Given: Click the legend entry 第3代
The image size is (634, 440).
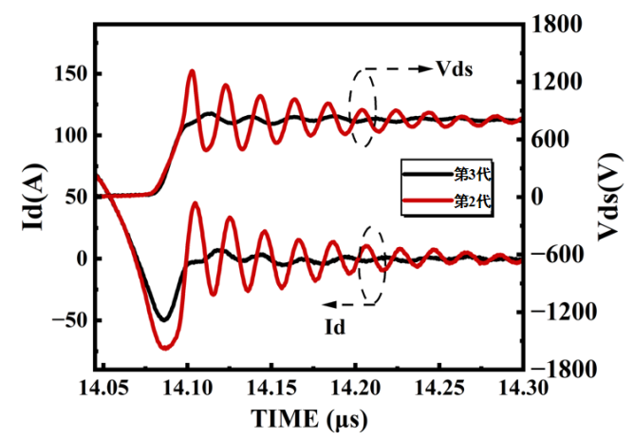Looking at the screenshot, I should pyautogui.click(x=471, y=175).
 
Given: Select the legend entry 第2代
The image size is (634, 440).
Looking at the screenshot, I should pyautogui.click(x=471, y=202).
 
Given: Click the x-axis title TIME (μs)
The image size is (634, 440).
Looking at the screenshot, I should pyautogui.click(x=308, y=418).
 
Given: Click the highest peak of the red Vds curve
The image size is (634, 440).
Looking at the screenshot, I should pyautogui.click(x=192, y=71).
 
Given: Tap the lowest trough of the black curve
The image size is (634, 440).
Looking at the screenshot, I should pyautogui.click(x=164, y=319).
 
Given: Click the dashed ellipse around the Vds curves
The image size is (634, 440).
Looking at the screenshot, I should pyautogui.click(x=362, y=106).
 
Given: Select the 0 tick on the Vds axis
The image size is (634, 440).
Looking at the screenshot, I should pyautogui.click(x=541, y=197).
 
